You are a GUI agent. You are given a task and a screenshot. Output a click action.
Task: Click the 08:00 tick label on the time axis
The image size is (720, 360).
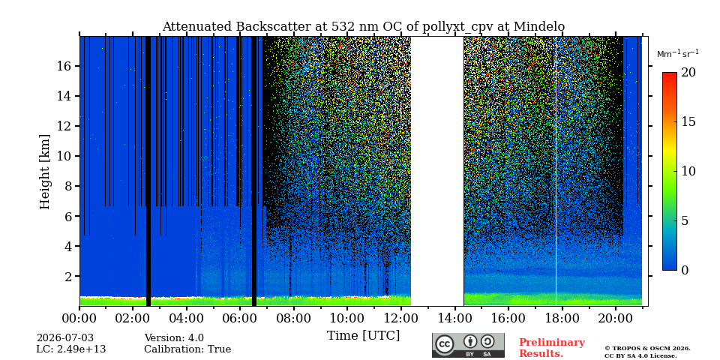[293, 318]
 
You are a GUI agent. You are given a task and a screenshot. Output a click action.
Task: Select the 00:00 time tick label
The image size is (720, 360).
[79, 318]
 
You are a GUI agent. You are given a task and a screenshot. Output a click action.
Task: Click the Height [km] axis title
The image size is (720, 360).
[44, 172]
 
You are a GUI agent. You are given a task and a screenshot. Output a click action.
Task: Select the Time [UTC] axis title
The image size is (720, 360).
[363, 336]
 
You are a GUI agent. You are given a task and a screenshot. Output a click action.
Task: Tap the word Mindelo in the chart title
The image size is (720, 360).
[539, 27]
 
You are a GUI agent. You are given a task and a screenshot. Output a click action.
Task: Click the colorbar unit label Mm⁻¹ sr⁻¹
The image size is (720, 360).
[678, 54]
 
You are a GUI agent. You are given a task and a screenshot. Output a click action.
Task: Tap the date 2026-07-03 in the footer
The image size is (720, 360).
[65, 338]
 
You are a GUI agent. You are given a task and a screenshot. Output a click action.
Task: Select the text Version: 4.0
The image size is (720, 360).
[174, 338]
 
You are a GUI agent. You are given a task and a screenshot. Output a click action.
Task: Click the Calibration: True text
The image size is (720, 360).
[187, 349]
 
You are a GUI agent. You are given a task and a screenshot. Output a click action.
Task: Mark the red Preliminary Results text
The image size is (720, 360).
[552, 348]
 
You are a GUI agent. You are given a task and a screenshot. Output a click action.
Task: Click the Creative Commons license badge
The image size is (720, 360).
[468, 345]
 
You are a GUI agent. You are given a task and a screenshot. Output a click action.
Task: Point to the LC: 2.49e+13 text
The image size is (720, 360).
[71, 349]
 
